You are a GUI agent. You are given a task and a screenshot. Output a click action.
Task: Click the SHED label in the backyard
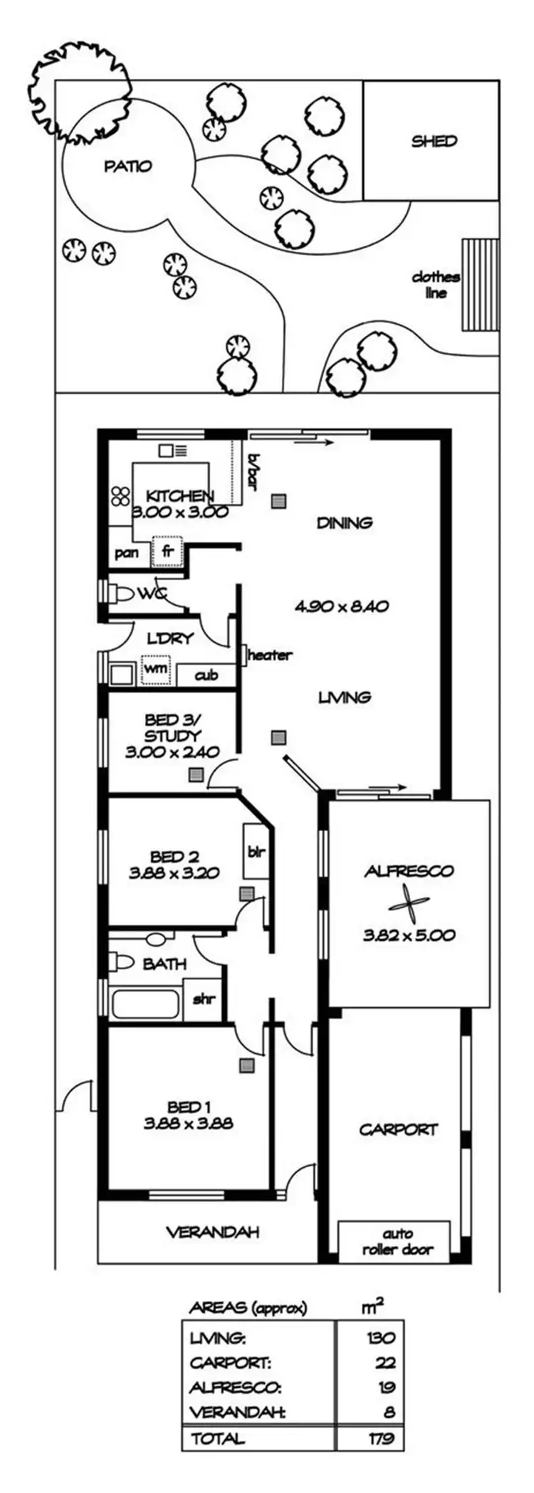[434, 141]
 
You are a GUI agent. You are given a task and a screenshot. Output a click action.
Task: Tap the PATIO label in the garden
[128, 167]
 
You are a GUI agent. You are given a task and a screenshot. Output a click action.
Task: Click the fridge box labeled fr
[168, 552]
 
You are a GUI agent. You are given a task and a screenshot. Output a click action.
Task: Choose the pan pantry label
[126, 552]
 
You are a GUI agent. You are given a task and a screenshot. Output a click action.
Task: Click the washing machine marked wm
[156, 669]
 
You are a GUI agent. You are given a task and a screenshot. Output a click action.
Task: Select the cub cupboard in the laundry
[206, 675]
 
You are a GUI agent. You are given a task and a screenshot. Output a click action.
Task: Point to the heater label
[270, 655]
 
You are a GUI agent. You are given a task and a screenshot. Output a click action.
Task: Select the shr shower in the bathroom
[204, 998]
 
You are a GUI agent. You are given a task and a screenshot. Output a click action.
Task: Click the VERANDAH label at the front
[213, 1232]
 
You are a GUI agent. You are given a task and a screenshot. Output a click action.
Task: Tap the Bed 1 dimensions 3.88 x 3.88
[189, 1124]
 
